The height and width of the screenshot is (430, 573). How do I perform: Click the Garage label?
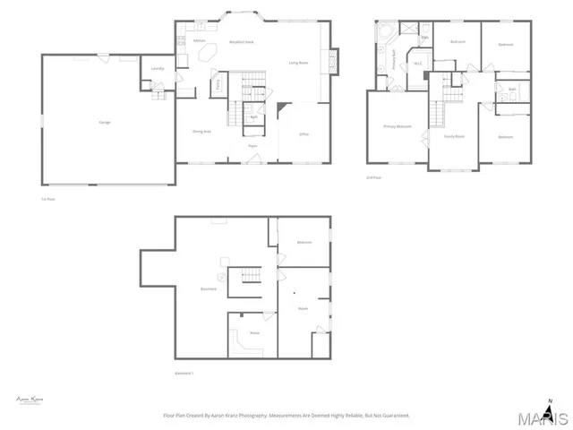pyautogui.click(x=106, y=122)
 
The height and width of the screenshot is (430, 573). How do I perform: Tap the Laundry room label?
pyautogui.click(x=158, y=68)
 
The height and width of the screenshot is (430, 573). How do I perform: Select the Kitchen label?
pyautogui.click(x=200, y=41)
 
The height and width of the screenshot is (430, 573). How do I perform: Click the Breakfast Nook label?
pyautogui.click(x=242, y=41)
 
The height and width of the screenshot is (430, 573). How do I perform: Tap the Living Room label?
pyautogui.click(x=298, y=63)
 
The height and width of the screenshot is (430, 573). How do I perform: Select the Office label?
pyautogui.click(x=304, y=133)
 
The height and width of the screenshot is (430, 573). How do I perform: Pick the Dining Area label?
pyautogui.click(x=201, y=132)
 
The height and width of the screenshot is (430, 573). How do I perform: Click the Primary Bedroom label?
pyautogui.click(x=398, y=126)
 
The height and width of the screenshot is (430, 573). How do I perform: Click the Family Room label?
pyautogui.click(x=454, y=137)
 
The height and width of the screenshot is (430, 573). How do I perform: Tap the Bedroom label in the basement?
pyautogui.click(x=304, y=243)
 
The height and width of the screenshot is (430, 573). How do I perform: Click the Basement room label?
pyautogui.click(x=209, y=288)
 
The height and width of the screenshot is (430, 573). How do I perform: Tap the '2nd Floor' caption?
pyautogui.click(x=373, y=178)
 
